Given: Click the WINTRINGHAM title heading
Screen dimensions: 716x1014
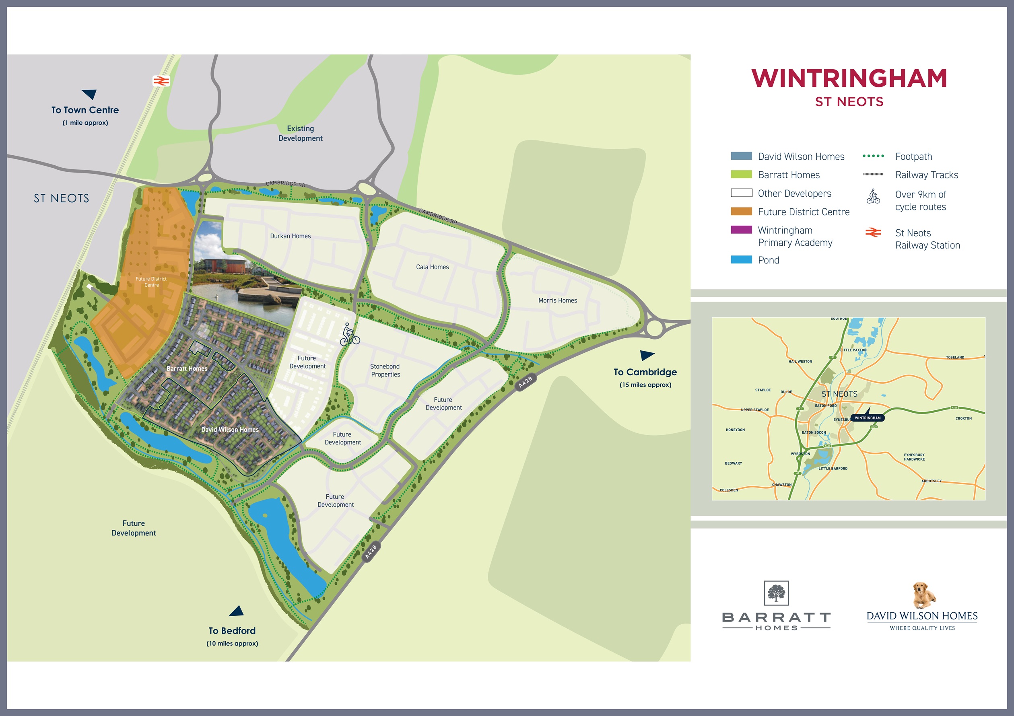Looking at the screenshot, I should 849,78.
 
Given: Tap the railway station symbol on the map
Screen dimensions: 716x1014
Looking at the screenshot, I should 161,81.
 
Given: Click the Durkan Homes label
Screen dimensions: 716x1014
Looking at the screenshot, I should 290,236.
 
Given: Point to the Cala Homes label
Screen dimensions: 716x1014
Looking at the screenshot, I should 432,267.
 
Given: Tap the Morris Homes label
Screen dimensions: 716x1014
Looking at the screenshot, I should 557,300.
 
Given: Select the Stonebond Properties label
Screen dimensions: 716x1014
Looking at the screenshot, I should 385,370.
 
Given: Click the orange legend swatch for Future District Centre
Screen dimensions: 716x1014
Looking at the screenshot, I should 741,212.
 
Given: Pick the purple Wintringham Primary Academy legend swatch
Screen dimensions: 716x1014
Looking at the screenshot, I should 741,230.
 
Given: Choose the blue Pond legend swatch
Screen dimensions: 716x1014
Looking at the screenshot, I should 741,259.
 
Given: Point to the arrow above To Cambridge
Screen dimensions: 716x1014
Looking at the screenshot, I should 647,355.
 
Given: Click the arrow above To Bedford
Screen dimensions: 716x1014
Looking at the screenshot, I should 237,611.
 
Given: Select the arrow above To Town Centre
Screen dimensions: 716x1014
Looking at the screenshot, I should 89,94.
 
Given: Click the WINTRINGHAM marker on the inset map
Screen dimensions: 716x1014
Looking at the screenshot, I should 867,418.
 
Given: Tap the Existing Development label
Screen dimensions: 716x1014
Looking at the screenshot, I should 300,133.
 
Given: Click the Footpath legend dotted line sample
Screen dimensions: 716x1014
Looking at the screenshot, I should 873,156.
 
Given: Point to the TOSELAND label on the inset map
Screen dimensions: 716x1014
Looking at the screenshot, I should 955,358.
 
